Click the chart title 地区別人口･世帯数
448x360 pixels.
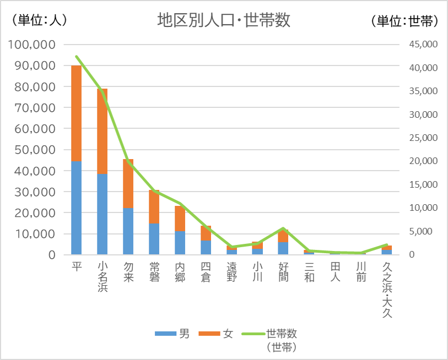click(x=224, y=20)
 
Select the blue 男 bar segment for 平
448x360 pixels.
click(x=77, y=208)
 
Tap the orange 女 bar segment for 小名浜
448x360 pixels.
click(x=102, y=131)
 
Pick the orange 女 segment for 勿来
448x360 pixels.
click(x=128, y=183)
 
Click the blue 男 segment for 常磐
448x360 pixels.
click(x=154, y=239)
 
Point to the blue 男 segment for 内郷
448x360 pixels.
click(x=180, y=243)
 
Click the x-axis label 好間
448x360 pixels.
click(x=283, y=271)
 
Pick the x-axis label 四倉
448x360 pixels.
click(x=206, y=271)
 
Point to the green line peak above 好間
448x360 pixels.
click(x=283, y=228)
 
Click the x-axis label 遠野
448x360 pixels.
click(x=231, y=271)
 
